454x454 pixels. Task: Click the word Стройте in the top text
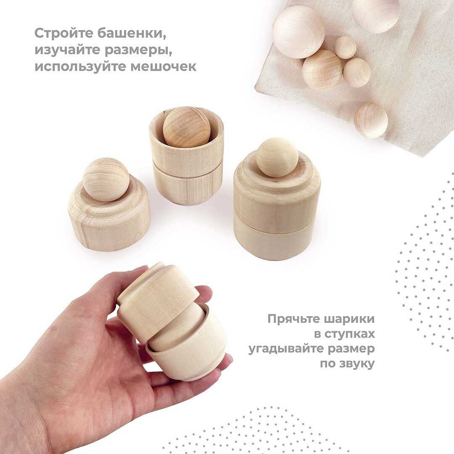tap(64, 33)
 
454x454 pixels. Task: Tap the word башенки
tap(132, 34)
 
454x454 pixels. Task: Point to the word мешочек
tap(163, 66)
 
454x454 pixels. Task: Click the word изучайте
tap(67, 50)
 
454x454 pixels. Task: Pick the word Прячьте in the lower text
tap(292, 319)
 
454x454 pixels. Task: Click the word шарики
tap(348, 319)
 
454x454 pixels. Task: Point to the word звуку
tap(357, 364)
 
